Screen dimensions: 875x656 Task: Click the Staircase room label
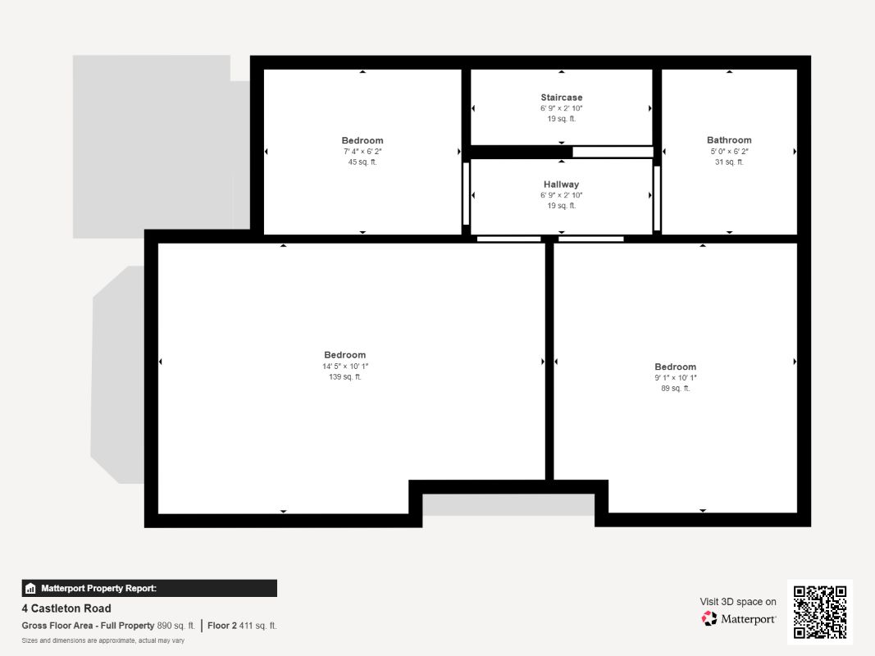click(562, 98)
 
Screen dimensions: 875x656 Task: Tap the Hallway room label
click(562, 184)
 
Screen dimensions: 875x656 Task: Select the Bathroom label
click(729, 140)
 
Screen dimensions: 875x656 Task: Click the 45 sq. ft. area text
click(362, 162)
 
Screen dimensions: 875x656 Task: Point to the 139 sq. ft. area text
click(345, 377)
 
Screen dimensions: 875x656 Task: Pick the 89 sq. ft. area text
click(675, 388)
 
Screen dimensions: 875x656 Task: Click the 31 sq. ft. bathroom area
click(729, 162)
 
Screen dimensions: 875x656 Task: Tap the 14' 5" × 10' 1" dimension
click(345, 367)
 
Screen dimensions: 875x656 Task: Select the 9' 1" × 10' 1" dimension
click(675, 378)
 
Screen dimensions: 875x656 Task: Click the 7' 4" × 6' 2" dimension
click(362, 152)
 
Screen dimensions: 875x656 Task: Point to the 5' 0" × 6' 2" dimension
click(729, 152)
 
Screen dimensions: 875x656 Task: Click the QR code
click(820, 612)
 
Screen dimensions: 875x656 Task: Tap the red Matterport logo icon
click(709, 618)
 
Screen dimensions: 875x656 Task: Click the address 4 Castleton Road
click(66, 608)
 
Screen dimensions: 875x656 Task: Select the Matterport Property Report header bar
click(149, 588)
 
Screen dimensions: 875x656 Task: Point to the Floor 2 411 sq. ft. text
click(242, 626)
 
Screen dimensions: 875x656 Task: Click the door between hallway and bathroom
click(657, 198)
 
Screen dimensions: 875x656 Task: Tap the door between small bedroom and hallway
click(466, 194)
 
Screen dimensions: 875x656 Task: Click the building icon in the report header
click(30, 589)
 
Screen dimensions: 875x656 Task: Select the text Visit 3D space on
click(738, 602)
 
